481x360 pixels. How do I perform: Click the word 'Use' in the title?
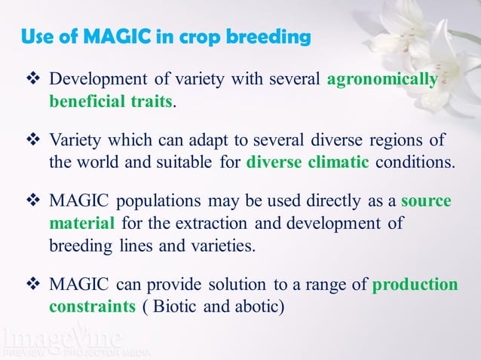36,36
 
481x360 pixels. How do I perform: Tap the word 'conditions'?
418,163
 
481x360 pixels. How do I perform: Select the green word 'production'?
415,285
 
